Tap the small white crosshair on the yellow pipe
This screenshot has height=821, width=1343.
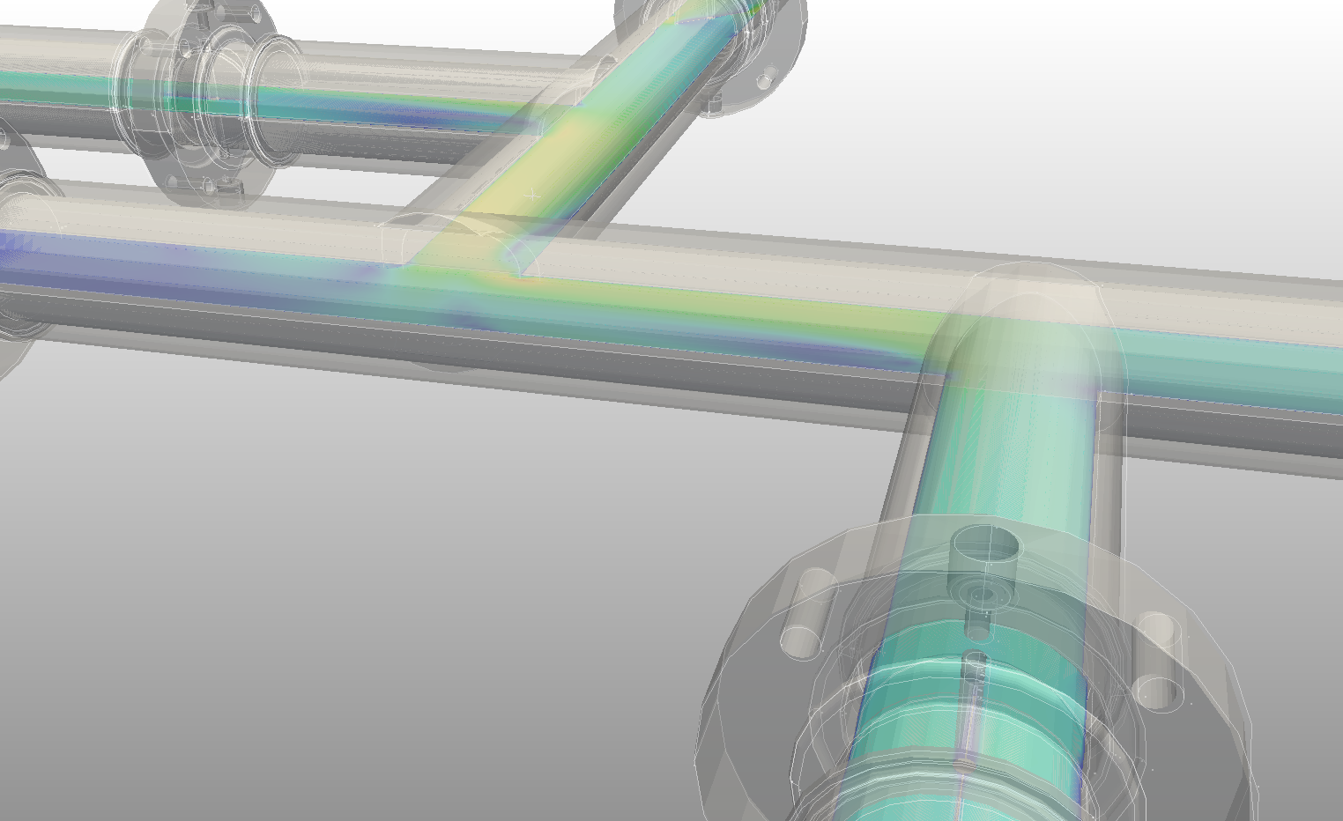(531, 195)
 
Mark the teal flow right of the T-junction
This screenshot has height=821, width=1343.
(1234, 361)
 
